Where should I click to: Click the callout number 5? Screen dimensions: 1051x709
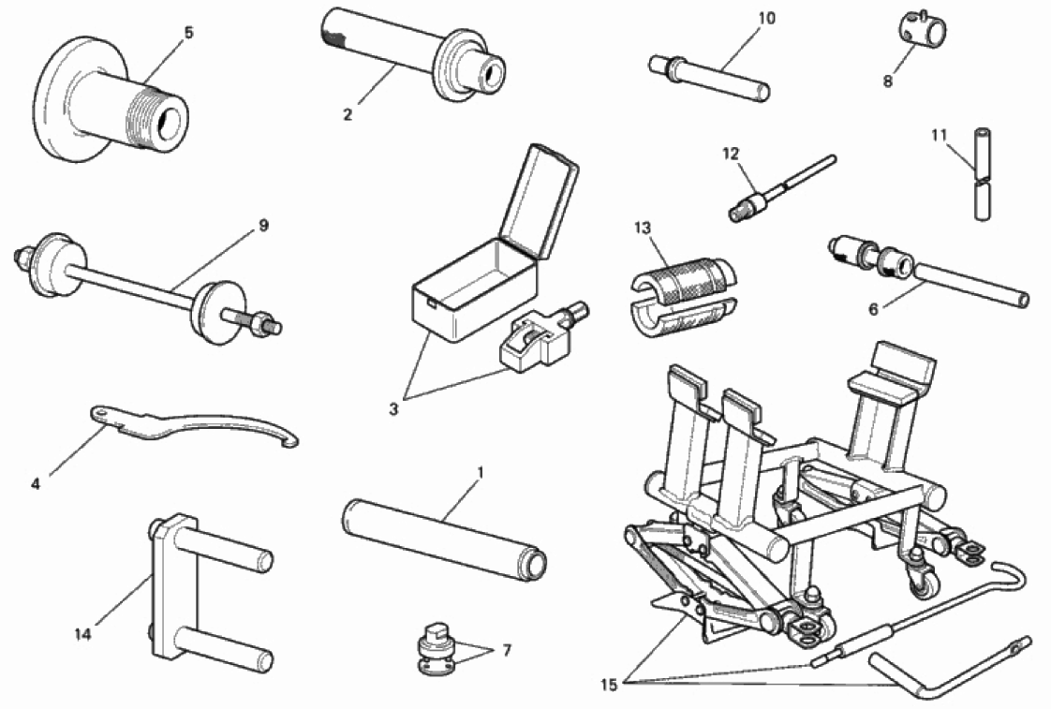pyautogui.click(x=188, y=32)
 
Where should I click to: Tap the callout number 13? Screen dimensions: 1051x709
pyautogui.click(x=643, y=228)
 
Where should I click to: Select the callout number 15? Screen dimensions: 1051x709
pyautogui.click(x=609, y=685)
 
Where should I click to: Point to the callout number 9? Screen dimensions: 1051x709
pyautogui.click(x=263, y=225)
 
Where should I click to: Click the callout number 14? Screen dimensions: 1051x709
pyautogui.click(x=82, y=633)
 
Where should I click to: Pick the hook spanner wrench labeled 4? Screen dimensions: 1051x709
pyautogui.click(x=195, y=426)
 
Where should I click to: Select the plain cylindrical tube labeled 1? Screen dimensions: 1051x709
pyautogui.click(x=444, y=540)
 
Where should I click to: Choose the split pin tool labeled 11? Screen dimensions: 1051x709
pyautogui.click(x=982, y=174)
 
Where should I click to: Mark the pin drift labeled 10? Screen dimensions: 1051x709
pyautogui.click(x=708, y=78)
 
